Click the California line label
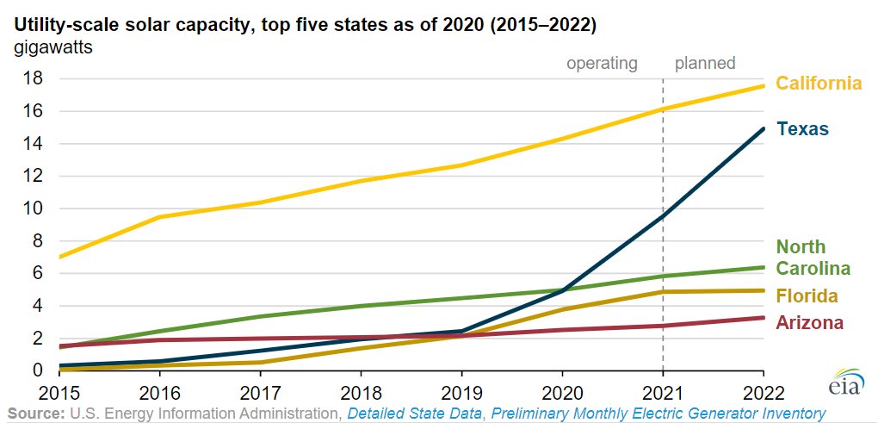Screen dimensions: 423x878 [x=819, y=84]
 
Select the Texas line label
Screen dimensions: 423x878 [x=802, y=129]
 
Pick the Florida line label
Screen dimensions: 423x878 [x=807, y=296]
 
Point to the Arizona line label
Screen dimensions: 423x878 [x=809, y=322]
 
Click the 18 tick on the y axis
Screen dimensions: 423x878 [x=34, y=79]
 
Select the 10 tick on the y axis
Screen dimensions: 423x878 [x=34, y=208]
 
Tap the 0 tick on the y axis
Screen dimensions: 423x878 [x=39, y=370]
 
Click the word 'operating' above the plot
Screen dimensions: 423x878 [x=602, y=63]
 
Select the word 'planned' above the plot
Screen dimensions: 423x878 [x=705, y=63]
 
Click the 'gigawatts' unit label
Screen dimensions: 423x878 [x=53, y=47]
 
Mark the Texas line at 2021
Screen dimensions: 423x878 [x=663, y=215]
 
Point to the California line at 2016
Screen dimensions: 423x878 [x=160, y=217]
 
